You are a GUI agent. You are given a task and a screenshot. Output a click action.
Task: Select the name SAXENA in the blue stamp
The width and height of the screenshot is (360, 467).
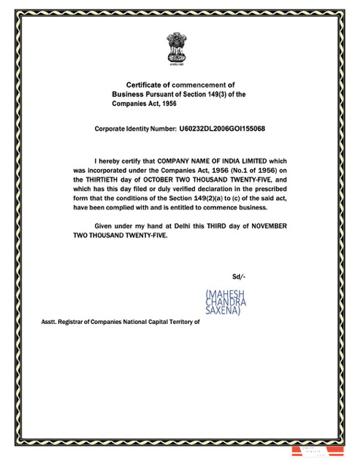[226, 310]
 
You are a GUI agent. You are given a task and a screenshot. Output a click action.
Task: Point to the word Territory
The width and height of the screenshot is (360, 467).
[181, 320]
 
